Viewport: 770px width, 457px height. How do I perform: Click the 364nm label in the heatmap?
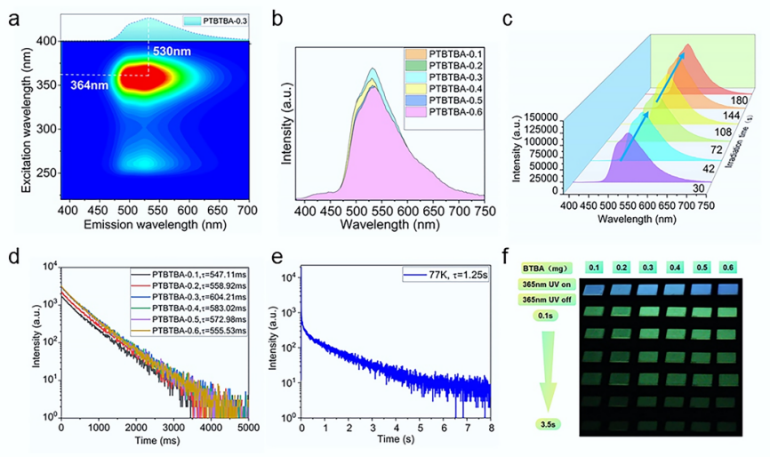88,84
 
